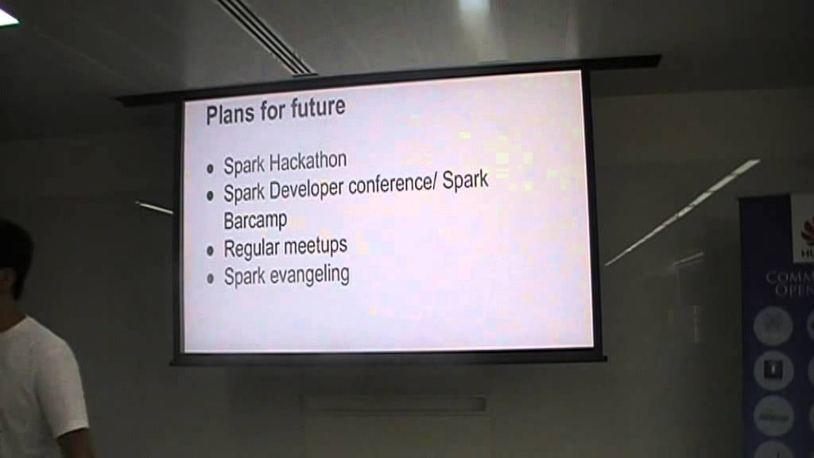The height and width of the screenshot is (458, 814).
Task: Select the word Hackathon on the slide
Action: click(x=308, y=161)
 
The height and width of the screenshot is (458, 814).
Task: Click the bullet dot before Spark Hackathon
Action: click(x=211, y=169)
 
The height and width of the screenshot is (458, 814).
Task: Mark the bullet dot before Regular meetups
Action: click(x=211, y=251)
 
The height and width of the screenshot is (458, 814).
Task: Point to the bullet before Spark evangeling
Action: click(x=211, y=279)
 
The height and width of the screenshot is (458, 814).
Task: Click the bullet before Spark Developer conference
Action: click(x=211, y=196)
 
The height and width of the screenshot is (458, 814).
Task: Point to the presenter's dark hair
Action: click(x=12, y=246)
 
